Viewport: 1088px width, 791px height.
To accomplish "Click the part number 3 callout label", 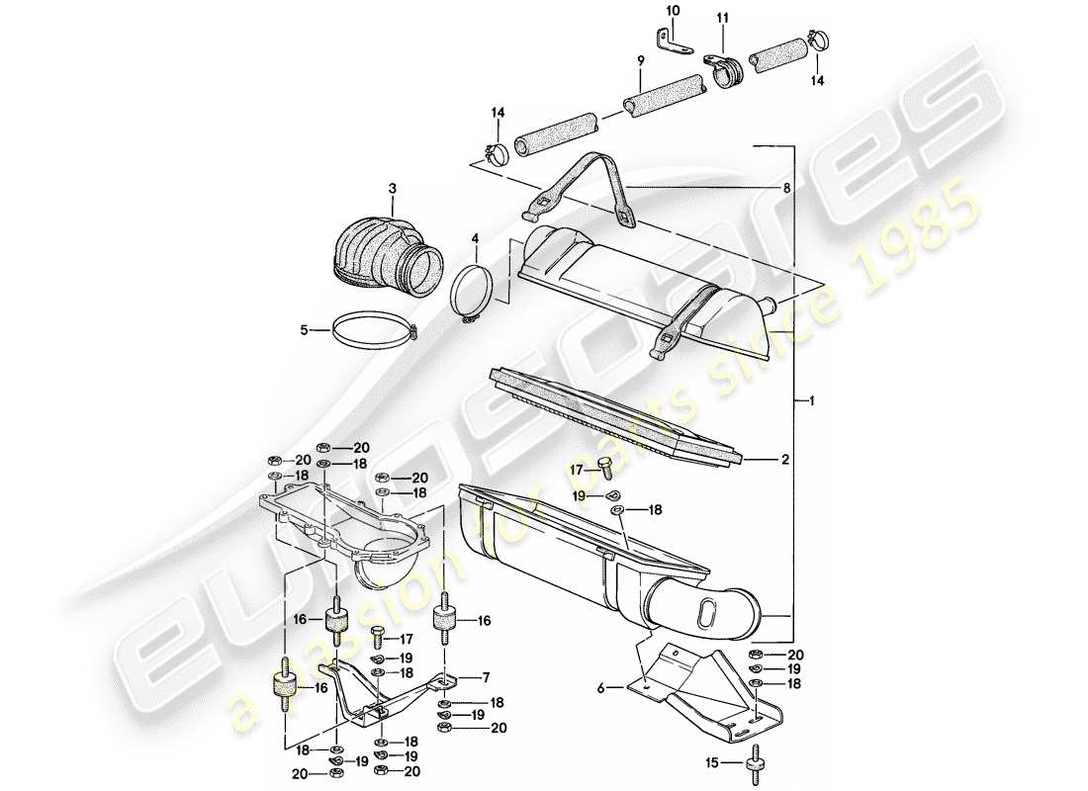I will click(392, 188).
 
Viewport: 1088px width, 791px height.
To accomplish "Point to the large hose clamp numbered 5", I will click(370, 329).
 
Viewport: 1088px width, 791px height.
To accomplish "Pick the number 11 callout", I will click(722, 18).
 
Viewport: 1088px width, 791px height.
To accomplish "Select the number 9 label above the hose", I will click(641, 61).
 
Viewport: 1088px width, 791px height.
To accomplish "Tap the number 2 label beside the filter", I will click(784, 459).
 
